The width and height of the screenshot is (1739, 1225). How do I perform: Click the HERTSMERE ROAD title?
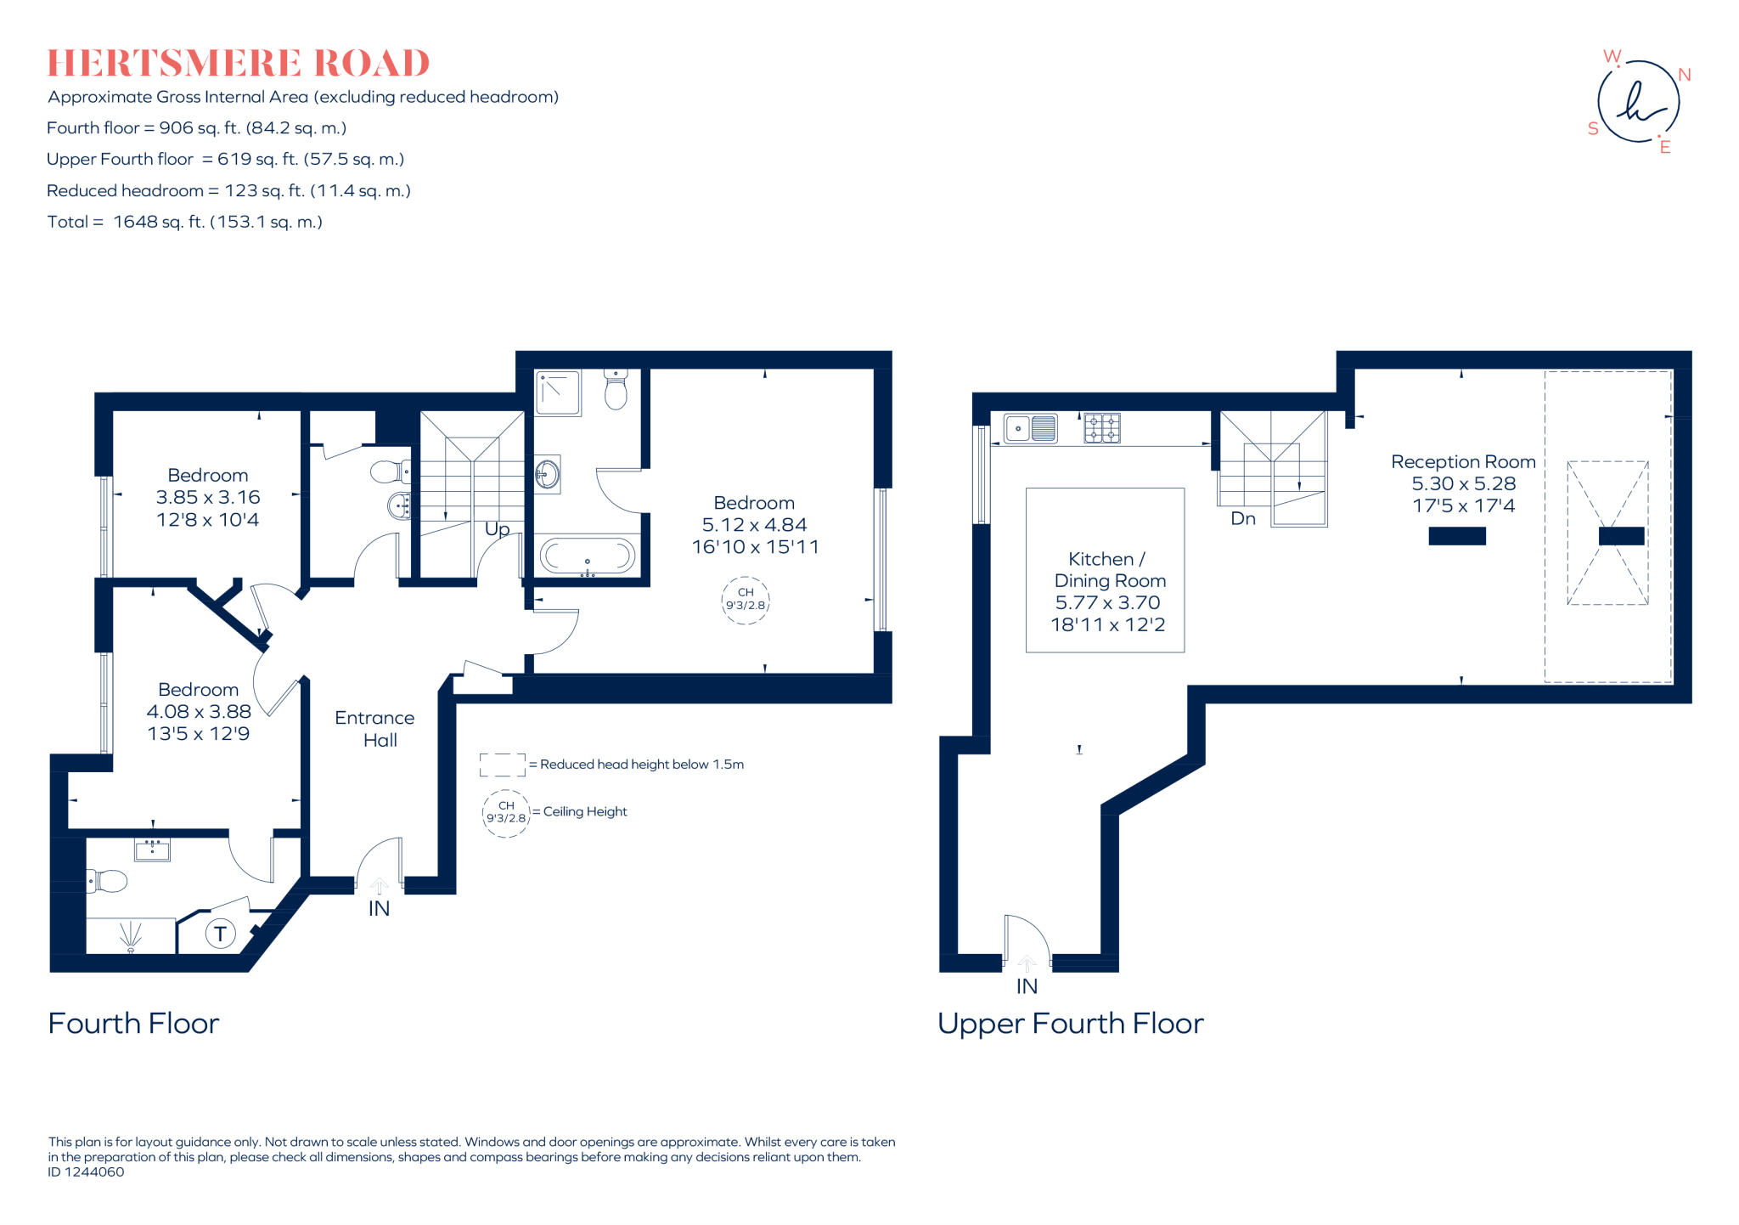pos(239,64)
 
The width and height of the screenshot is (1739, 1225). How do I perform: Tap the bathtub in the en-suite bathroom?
pos(588,557)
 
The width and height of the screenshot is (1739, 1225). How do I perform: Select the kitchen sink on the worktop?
pos(1030,429)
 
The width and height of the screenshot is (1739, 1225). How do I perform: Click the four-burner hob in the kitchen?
pos(1102,428)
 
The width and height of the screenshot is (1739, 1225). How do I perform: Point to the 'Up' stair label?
pos(497,529)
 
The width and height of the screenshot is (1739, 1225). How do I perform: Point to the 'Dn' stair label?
pos(1242,518)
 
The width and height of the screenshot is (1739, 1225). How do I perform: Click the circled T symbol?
pos(220,934)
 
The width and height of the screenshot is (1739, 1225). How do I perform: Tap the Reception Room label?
pos(1462,462)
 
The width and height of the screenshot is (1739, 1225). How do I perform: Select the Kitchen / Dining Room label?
pos(1109,570)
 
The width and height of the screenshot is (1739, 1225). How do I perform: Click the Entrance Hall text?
pos(375,729)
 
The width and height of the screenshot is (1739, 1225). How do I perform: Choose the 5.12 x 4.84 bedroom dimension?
pos(754,525)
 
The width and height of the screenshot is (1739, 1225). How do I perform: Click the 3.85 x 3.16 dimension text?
pos(208,497)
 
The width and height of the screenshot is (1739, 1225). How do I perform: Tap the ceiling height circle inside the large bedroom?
pos(745,600)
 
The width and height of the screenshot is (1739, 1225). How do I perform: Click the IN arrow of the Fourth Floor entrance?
pos(379,888)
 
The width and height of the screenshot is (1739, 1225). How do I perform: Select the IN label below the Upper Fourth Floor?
pos(1027,986)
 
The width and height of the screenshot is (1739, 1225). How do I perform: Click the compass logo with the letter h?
pos(1638,102)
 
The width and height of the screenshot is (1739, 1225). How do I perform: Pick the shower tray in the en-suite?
pos(558,392)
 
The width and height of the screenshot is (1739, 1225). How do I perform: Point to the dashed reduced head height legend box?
pos(502,765)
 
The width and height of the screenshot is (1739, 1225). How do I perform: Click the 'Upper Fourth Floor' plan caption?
pos(1070,1024)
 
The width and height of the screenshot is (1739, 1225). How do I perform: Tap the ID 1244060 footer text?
pos(87,1172)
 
